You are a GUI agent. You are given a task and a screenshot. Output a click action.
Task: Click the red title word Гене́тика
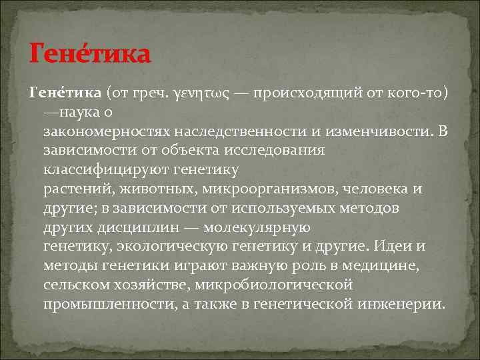[x=91, y=54]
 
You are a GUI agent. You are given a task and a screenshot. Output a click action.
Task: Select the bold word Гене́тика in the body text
[x=64, y=92]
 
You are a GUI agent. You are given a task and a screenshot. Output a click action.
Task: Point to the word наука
[x=83, y=111]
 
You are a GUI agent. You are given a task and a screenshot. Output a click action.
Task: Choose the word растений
[x=73, y=189]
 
